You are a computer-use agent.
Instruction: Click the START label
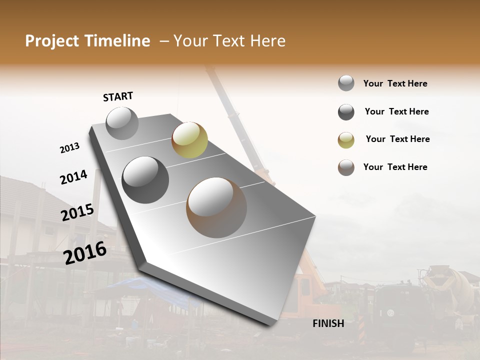click(118, 96)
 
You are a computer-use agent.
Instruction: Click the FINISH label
click(328, 323)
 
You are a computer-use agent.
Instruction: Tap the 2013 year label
click(69, 148)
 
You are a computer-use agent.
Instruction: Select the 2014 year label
click(73, 177)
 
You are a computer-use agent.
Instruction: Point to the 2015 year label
click(77, 212)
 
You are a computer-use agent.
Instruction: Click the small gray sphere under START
click(122, 123)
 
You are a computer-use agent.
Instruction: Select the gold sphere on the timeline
click(189, 140)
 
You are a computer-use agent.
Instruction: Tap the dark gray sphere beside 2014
click(145, 180)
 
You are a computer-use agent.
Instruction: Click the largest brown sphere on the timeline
click(216, 207)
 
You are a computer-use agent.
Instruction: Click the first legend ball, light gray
click(346, 83)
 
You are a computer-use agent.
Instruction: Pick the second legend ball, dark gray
click(346, 112)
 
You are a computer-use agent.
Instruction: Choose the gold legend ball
click(346, 140)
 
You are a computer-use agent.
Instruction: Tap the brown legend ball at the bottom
click(346, 167)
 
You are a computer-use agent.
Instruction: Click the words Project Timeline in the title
click(87, 41)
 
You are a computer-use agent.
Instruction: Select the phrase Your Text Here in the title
click(229, 41)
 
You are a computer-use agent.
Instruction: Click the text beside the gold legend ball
click(397, 139)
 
